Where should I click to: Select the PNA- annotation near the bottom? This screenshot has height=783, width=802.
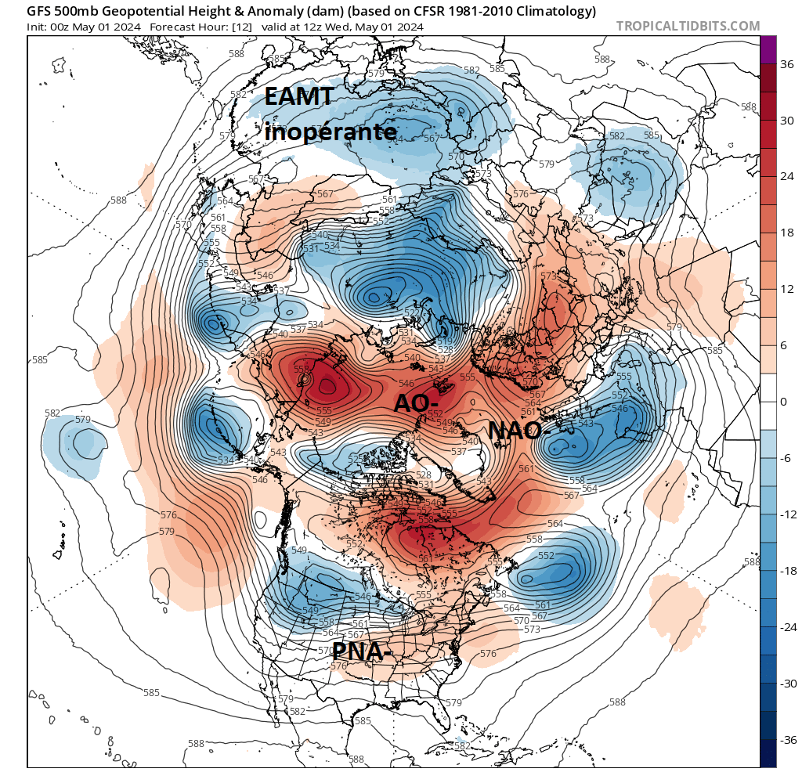coord(362,651)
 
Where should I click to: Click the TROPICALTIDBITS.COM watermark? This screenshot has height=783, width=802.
coord(688,26)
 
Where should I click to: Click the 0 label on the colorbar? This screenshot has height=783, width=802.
coord(783,402)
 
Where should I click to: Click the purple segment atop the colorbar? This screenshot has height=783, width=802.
coord(768,49)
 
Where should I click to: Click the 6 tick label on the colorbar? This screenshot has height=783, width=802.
coord(783,345)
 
